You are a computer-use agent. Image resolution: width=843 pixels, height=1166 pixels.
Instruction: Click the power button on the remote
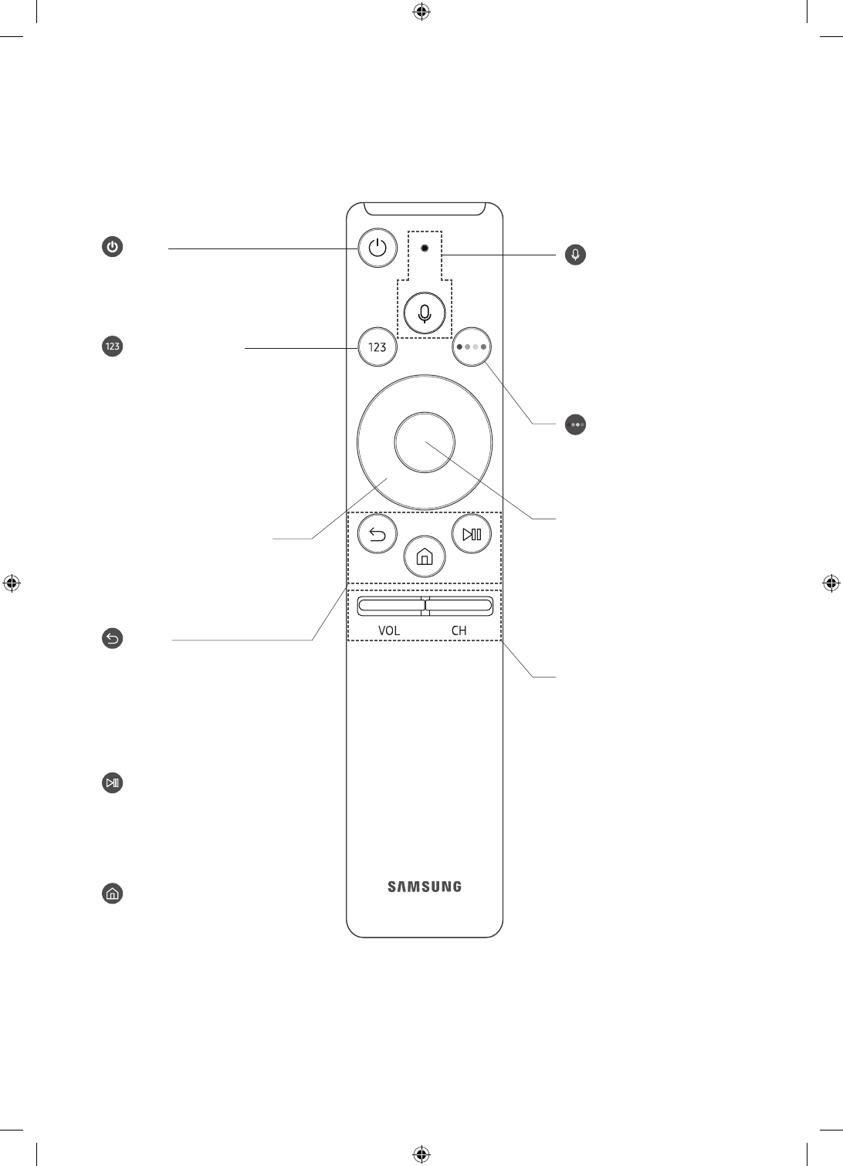point(377,248)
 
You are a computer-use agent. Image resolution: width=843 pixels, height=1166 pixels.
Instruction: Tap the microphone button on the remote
point(424,314)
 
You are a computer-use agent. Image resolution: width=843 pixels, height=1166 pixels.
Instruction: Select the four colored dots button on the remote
point(471,347)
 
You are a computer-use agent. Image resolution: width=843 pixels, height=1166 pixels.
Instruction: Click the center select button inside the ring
point(424,443)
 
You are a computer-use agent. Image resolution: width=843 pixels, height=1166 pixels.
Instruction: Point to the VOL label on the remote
point(389,630)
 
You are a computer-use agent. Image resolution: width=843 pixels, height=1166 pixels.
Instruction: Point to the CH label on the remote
point(459,630)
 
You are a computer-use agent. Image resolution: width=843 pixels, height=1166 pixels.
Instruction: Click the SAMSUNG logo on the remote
point(425,887)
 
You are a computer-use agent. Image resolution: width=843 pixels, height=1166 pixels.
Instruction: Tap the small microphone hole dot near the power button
point(424,249)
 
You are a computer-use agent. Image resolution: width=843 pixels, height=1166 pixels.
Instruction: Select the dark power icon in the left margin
point(113,248)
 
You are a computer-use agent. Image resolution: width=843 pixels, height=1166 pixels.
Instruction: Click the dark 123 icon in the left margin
point(113,346)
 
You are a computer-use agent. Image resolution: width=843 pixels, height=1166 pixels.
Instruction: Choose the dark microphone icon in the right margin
point(575,255)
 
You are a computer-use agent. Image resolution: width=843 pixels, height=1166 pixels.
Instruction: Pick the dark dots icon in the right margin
point(575,424)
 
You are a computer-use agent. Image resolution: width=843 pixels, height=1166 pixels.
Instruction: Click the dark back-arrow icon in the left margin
point(113,638)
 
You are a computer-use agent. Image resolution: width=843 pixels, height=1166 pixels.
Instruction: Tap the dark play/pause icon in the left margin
point(113,783)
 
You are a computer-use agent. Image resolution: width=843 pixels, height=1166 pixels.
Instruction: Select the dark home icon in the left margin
point(113,894)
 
